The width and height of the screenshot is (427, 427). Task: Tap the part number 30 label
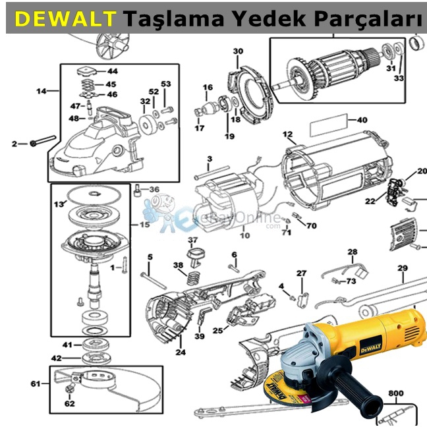click(238, 51)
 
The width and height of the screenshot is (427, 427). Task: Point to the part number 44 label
click(113, 71)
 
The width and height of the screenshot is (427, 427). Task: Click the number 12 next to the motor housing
click(287, 134)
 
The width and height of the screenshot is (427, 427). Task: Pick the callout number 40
click(362, 121)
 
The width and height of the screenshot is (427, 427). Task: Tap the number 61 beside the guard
click(36, 383)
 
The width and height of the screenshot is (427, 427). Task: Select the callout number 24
click(180, 353)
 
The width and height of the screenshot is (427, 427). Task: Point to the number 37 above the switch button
click(192, 239)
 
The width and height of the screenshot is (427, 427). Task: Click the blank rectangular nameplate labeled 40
click(329, 123)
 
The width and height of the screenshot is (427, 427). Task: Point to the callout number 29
click(402, 268)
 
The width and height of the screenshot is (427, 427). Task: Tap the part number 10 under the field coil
click(244, 235)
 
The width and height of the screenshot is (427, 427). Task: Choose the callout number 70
click(311, 226)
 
